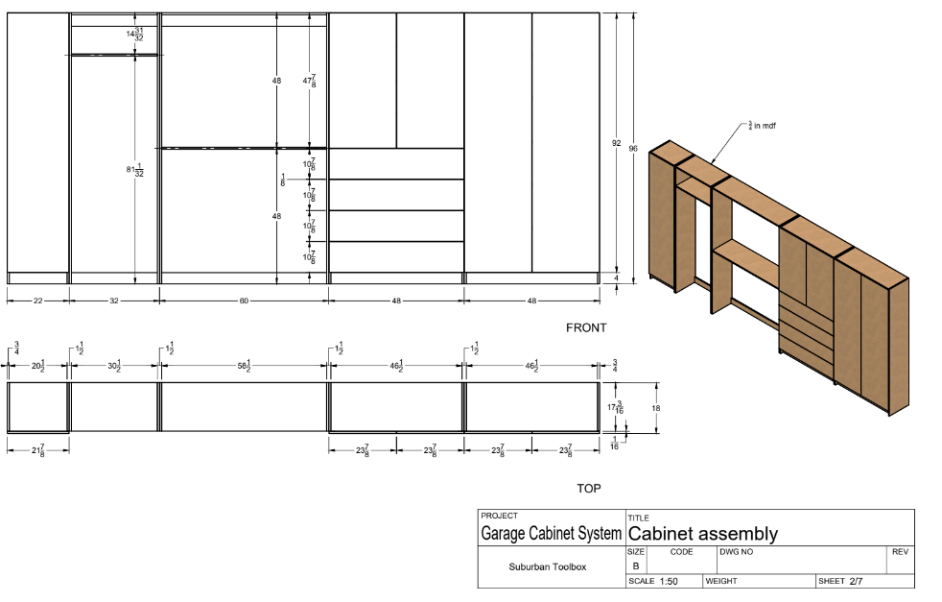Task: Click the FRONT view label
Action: pyautogui.click(x=586, y=327)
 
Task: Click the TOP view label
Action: pyautogui.click(x=589, y=489)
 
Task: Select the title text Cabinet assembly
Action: pyautogui.click(x=702, y=534)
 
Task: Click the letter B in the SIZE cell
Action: pyautogui.click(x=635, y=566)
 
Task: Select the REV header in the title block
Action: pyautogui.click(x=900, y=552)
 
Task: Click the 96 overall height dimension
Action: pyautogui.click(x=633, y=148)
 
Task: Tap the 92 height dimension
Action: pyautogui.click(x=617, y=143)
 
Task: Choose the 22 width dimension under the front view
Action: pyautogui.click(x=37, y=301)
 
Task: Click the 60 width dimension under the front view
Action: pyautogui.click(x=244, y=301)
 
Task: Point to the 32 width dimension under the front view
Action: pyautogui.click(x=113, y=301)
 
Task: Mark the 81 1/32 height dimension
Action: pyautogui.click(x=134, y=170)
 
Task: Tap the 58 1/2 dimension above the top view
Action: pyautogui.click(x=244, y=366)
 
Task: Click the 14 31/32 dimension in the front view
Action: pyautogui.click(x=134, y=35)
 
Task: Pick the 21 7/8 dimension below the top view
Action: pyautogui.click(x=37, y=450)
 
